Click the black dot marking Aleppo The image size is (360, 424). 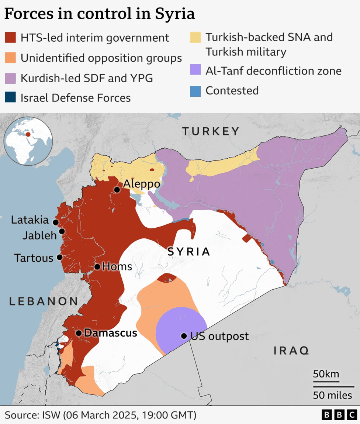click(x=117, y=190)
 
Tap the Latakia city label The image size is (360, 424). click(x=30, y=220)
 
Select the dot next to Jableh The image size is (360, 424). click(x=62, y=231)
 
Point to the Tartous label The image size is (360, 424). click(x=34, y=258)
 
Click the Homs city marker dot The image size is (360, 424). click(x=97, y=266)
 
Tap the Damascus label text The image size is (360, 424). click(x=110, y=333)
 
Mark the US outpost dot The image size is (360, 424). click(x=184, y=336)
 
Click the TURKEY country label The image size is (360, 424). click(x=211, y=131)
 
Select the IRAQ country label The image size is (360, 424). click(x=291, y=350)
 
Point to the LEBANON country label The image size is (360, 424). click(x=44, y=301)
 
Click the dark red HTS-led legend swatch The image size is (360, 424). click(x=10, y=38)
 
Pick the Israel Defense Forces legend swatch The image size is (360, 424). click(x=10, y=98)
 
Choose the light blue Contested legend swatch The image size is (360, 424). click(x=195, y=91)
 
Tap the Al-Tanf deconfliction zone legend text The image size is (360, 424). click(x=273, y=71)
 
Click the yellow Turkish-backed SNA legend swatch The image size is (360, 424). click(x=195, y=37)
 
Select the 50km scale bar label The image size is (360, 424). click(x=326, y=373)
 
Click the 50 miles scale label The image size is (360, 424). click(x=332, y=395)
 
